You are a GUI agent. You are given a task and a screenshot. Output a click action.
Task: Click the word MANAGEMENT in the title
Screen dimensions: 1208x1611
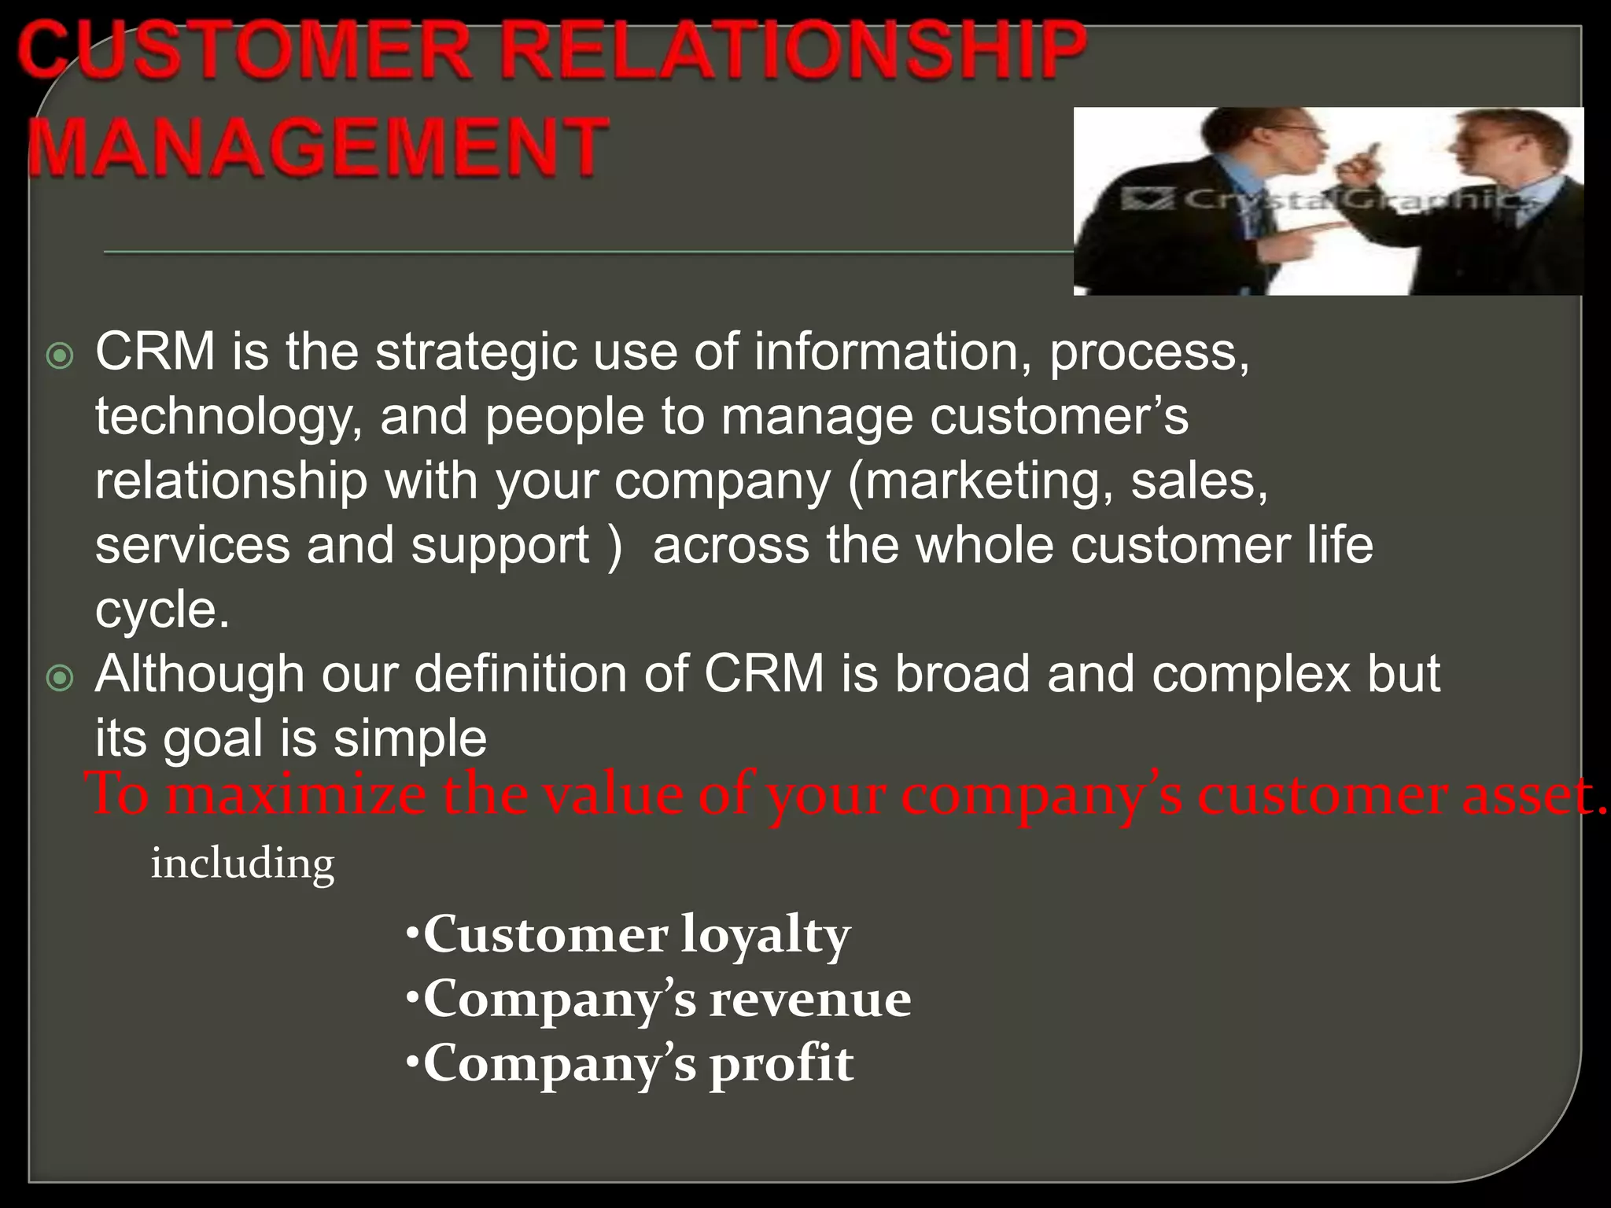point(319,146)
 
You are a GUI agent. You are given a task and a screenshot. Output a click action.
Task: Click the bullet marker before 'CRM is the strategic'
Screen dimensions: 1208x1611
point(60,356)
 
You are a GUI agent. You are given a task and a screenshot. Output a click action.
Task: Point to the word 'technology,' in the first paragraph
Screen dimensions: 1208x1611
point(229,417)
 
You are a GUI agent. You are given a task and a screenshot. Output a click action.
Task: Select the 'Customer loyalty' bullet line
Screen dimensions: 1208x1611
point(629,936)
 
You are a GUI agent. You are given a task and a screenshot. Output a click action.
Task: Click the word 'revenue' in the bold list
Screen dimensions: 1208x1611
point(810,1000)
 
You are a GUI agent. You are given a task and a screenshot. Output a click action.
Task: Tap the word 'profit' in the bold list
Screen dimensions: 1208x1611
point(781,1064)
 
